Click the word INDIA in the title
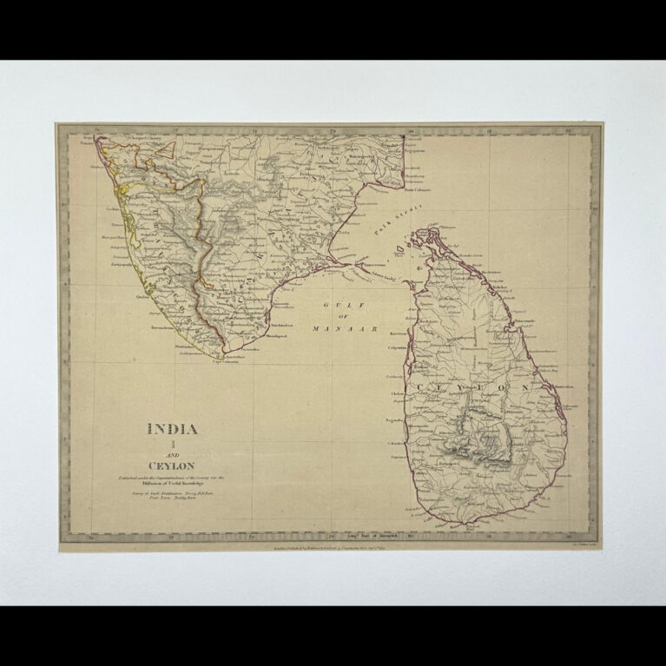click(x=172, y=428)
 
